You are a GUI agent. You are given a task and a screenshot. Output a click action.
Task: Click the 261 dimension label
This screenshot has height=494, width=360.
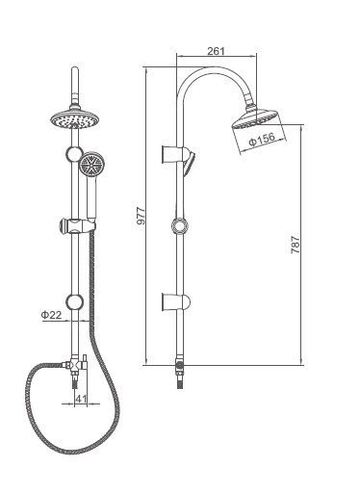(x=216, y=51)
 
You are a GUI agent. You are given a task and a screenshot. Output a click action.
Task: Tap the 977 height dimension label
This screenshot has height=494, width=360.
(x=141, y=217)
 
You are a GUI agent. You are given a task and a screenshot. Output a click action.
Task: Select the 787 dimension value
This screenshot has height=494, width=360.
(x=296, y=245)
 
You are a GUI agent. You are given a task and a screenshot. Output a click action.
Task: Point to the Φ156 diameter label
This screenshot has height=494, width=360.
(x=262, y=139)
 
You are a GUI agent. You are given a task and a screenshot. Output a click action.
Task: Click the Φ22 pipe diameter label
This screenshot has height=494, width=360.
(x=51, y=315)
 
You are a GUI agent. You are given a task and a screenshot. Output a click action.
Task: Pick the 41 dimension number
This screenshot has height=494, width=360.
(x=81, y=399)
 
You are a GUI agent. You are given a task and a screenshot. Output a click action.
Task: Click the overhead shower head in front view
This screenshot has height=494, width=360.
(x=75, y=118)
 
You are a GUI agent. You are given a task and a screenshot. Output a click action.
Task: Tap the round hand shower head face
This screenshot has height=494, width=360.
(x=92, y=165)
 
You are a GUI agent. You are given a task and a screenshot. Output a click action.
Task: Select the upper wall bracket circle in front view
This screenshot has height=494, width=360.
(x=74, y=154)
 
